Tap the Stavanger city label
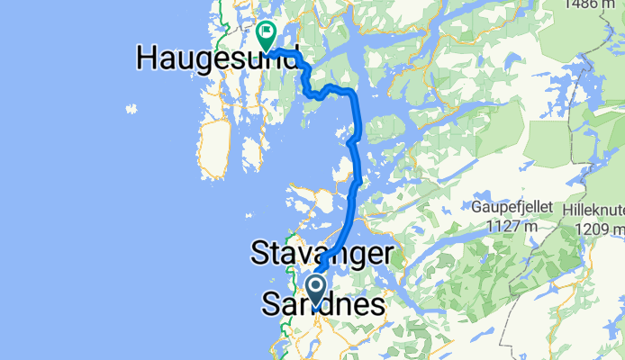(x=322, y=252)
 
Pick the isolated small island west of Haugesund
(x=131, y=110)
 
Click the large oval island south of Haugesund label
(x=214, y=148)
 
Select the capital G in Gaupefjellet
(x=474, y=206)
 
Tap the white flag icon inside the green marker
(x=267, y=34)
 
